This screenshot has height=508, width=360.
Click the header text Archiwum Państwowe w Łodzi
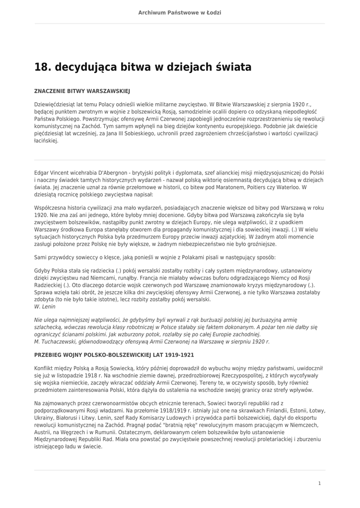coord(180,12)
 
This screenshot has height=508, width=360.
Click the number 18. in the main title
coord(43,67)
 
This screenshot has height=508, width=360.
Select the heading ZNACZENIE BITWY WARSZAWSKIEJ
coord(82,92)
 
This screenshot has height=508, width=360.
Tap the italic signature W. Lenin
coord(45,307)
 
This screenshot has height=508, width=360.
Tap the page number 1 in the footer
coord(319,483)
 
